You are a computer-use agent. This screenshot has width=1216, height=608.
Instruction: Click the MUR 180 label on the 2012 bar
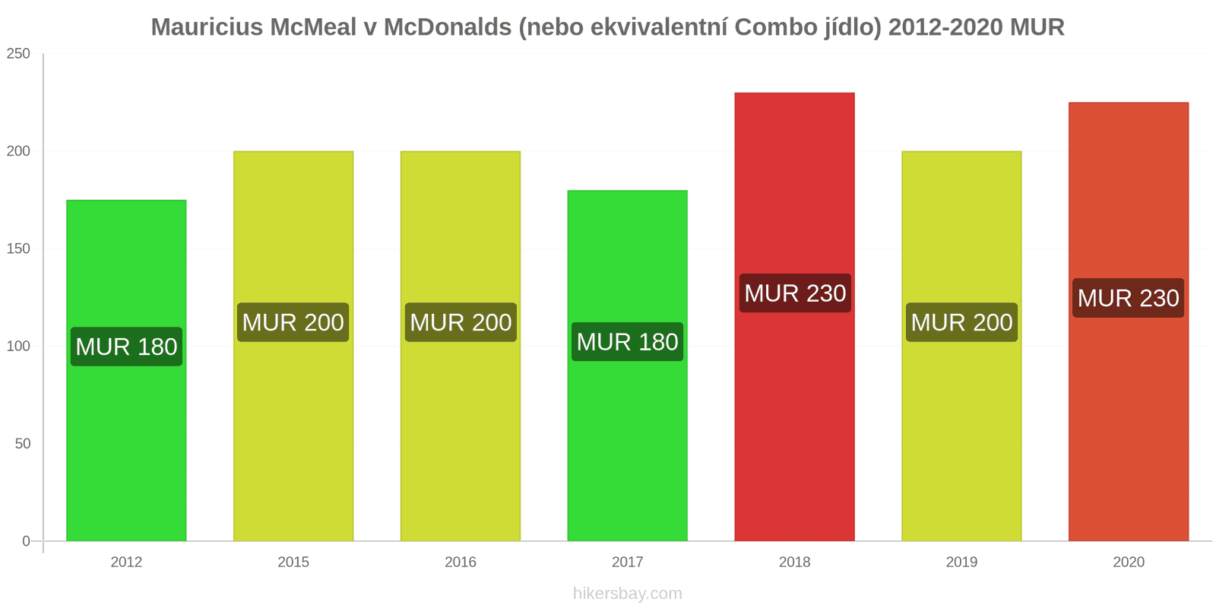[126, 347]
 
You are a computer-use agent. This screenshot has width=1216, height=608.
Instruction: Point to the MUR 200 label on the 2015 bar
[293, 322]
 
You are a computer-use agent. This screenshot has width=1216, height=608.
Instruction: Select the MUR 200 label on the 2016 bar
[461, 322]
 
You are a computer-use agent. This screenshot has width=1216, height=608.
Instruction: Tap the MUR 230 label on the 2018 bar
[795, 293]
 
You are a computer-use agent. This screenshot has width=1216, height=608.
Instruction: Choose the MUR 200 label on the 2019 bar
[961, 322]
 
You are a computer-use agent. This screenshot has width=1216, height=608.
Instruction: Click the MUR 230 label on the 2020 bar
[1128, 298]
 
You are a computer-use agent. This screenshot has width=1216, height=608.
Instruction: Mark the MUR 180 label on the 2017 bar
[627, 342]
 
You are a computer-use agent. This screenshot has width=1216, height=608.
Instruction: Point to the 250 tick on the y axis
[18, 53]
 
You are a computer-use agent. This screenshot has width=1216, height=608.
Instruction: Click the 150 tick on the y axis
[18, 249]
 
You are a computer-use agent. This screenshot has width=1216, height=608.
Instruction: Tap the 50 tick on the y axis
[23, 444]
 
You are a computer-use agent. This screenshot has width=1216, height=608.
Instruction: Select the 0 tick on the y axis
[27, 541]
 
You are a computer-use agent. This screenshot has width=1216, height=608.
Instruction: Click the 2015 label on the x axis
[293, 562]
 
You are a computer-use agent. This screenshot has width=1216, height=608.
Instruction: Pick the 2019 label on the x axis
[961, 562]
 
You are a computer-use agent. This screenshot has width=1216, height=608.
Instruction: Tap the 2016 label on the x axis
[461, 562]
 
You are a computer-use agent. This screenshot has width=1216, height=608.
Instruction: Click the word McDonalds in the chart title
[447, 27]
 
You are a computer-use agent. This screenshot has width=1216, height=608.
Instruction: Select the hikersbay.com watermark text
[627, 594]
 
